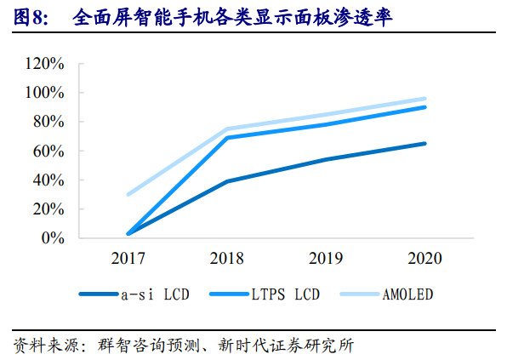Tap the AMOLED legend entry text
tap(408, 294)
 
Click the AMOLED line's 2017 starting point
tap(128, 194)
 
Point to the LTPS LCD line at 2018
tap(227, 137)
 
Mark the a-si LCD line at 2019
tap(326, 159)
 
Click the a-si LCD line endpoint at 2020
tap(424, 144)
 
